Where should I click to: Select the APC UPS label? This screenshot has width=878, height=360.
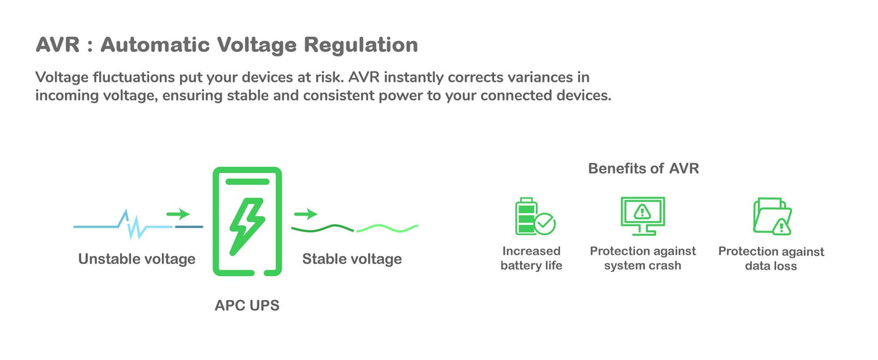pyautogui.click(x=247, y=306)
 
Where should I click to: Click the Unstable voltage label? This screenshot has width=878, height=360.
pyautogui.click(x=137, y=259)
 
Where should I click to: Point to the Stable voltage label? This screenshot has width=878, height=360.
pyautogui.click(x=351, y=259)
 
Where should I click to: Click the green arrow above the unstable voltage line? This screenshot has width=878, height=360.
pyautogui.click(x=178, y=214)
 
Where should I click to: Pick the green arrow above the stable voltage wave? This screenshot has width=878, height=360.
pyautogui.click(x=306, y=214)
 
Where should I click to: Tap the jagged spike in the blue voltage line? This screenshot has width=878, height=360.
pyautogui.click(x=132, y=225)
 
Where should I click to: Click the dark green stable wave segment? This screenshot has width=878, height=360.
pyautogui.click(x=323, y=228)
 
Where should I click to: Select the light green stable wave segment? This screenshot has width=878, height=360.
pyautogui.click(x=387, y=228)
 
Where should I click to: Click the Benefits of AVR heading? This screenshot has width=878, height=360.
pyautogui.click(x=643, y=169)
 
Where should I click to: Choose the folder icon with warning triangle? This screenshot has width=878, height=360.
pyautogui.click(x=771, y=216)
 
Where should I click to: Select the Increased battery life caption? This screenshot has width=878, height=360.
pyautogui.click(x=532, y=258)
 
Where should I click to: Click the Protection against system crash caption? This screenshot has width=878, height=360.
pyautogui.click(x=643, y=258)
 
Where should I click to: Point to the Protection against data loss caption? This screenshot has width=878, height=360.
pyautogui.click(x=771, y=259)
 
